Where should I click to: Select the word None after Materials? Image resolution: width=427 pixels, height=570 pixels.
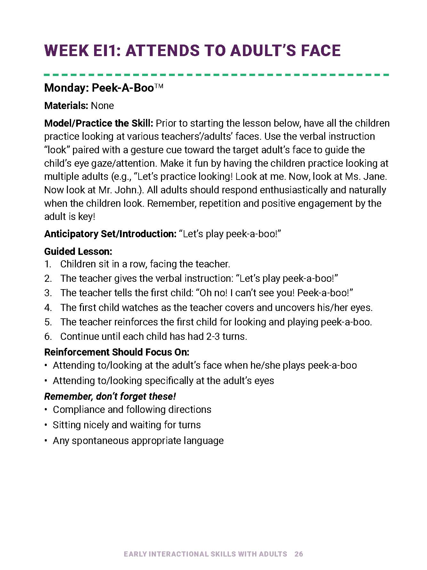[102, 106]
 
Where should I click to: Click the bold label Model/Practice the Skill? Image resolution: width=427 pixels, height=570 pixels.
[99, 123]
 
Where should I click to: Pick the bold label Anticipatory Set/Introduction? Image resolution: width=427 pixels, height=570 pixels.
[110, 234]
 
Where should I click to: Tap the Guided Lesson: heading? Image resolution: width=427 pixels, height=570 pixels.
[78, 251]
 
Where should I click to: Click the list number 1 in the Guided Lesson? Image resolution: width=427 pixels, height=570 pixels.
[47, 264]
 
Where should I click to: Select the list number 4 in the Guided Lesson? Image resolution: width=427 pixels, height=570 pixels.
[48, 308]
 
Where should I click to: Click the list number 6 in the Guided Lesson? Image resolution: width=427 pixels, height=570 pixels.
[48, 337]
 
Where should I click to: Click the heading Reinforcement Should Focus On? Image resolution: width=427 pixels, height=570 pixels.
[117, 352]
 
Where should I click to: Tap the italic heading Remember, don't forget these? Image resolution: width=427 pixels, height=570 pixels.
[110, 397]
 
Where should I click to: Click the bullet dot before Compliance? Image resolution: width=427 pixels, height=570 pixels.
[46, 410]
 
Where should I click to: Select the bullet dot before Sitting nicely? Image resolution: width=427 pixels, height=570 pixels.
[46, 425]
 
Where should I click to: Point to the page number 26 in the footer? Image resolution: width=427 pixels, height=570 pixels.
[299, 554]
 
